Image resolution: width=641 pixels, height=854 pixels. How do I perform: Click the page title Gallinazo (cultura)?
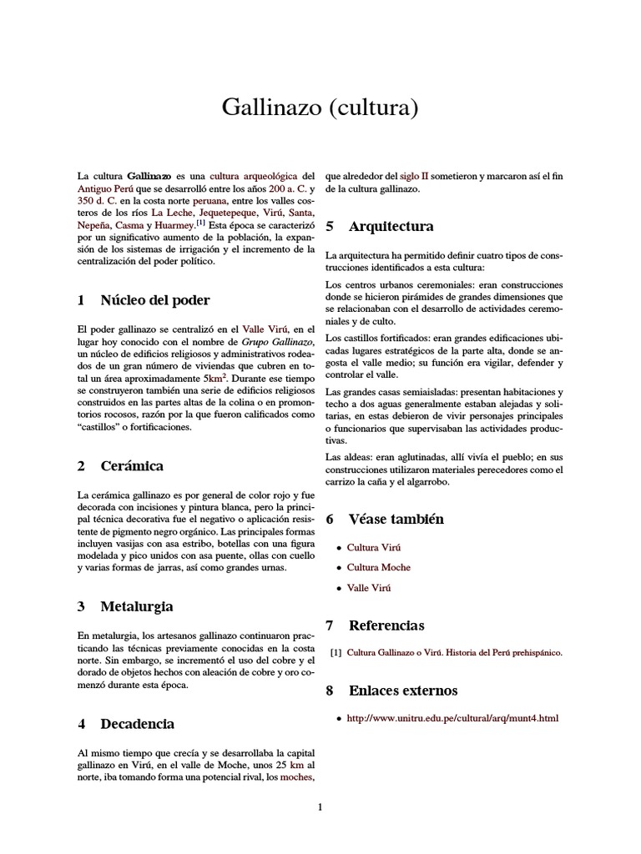coord(320,108)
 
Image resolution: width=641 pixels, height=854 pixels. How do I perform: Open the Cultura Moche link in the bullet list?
coord(378,567)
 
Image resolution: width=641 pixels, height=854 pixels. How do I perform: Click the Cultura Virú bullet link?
coord(374,547)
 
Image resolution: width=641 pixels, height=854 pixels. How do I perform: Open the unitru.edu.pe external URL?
coord(452,718)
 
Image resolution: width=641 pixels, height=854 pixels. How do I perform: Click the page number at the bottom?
coord(320,806)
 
